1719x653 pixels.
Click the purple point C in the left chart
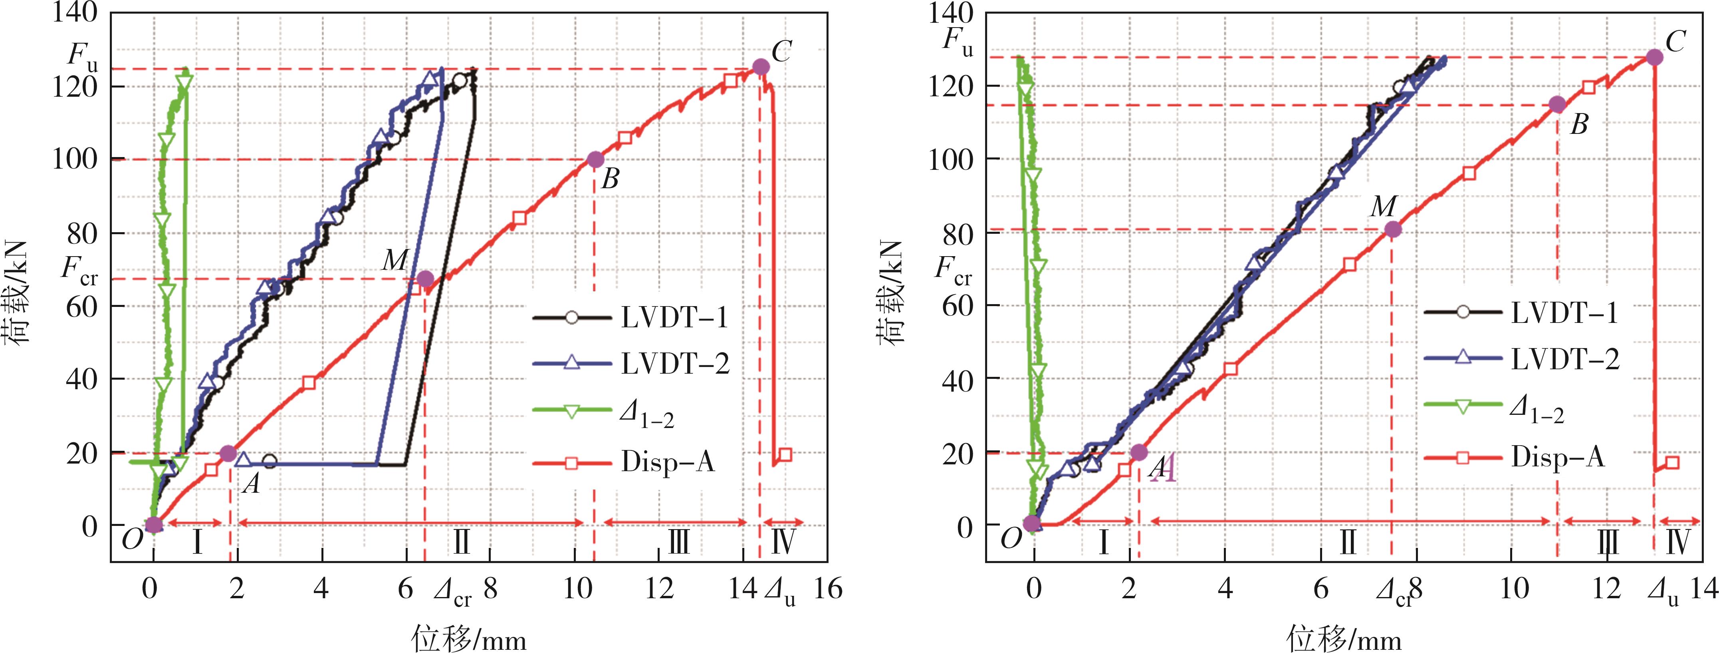[761, 67]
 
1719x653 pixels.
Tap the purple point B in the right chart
[1557, 104]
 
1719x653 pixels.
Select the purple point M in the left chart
[425, 279]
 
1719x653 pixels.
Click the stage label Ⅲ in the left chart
[679, 543]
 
